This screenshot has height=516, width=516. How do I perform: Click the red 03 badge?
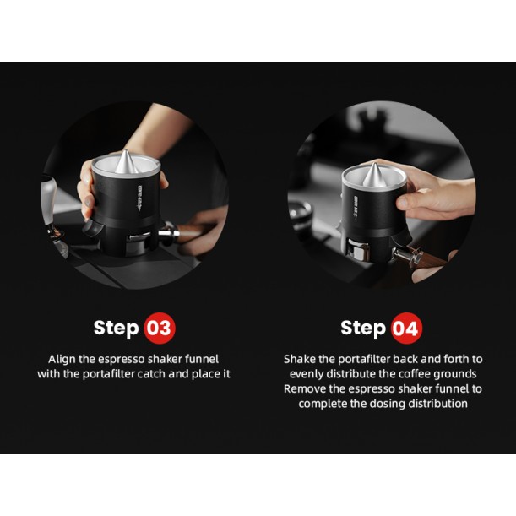tap(159, 328)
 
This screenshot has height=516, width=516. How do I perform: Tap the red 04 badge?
tap(405, 328)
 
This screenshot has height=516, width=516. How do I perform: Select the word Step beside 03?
tap(116, 328)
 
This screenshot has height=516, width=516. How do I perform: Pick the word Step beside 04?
tap(362, 328)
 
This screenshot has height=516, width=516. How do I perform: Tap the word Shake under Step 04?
tap(300, 359)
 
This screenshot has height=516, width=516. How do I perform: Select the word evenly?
tap(307, 373)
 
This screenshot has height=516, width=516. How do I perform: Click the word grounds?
tap(455, 373)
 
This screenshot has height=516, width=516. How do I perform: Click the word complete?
tap(323, 404)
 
